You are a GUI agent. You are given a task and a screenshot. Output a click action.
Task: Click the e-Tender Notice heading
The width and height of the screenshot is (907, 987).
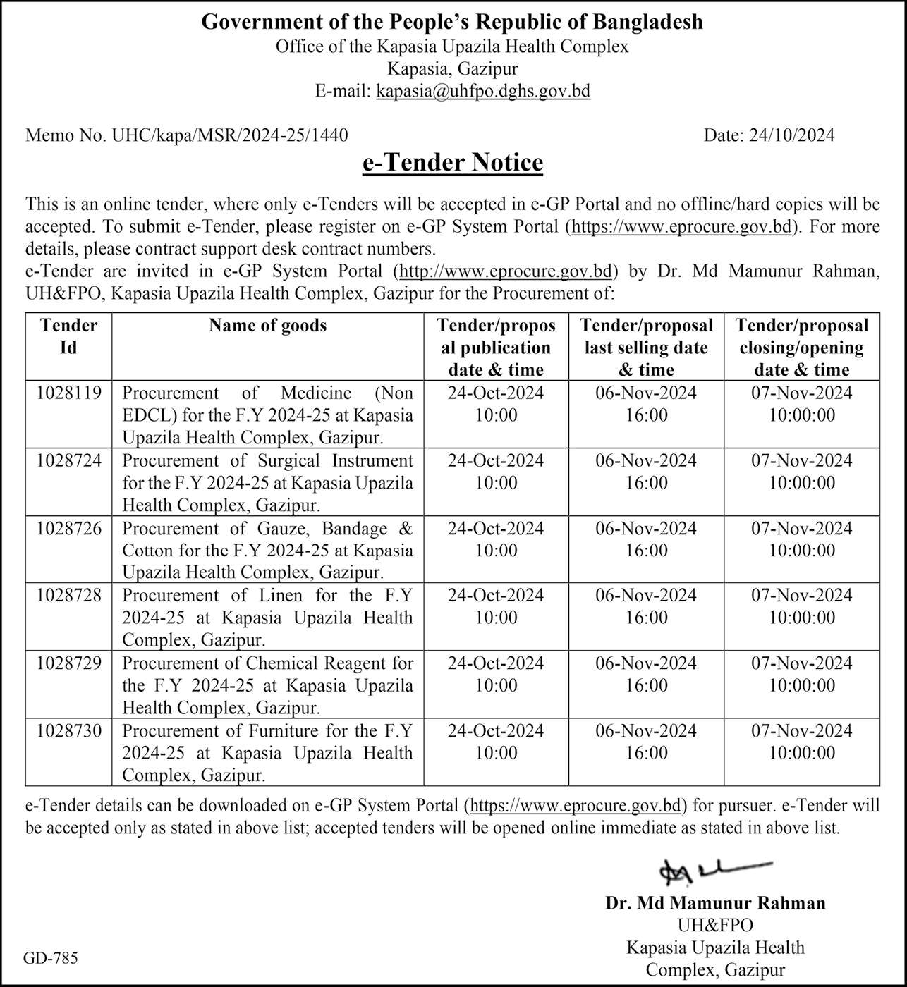pyautogui.click(x=452, y=163)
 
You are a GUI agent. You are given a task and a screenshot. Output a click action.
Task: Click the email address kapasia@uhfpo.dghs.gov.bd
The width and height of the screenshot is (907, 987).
pyautogui.click(x=483, y=91)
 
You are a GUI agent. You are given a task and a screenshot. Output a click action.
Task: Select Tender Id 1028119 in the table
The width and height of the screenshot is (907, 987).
pyautogui.click(x=69, y=393)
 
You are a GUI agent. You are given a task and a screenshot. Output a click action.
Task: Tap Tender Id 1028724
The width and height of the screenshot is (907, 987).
pyautogui.click(x=69, y=461)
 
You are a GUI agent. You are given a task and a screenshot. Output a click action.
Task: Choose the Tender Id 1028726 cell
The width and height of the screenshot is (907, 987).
pyautogui.click(x=69, y=529)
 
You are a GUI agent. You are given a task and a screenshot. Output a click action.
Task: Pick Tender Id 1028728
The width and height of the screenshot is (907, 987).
pyautogui.click(x=69, y=596)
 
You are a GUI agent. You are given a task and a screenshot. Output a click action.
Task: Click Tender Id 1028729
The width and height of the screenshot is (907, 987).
pyautogui.click(x=69, y=663)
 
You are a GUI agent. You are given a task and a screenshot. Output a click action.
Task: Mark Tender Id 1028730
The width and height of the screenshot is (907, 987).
pyautogui.click(x=69, y=731)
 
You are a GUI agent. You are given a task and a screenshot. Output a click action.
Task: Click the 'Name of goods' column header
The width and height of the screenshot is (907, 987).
pyautogui.click(x=267, y=326)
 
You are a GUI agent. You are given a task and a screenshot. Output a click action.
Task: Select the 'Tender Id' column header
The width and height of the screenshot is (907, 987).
pyautogui.click(x=68, y=336)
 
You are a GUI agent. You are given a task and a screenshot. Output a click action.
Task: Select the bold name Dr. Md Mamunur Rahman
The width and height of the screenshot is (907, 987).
pyautogui.click(x=715, y=903)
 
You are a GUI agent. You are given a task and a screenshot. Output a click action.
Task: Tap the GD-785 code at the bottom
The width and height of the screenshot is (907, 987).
pyautogui.click(x=50, y=958)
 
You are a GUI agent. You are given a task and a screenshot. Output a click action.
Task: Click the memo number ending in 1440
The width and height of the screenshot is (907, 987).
pyautogui.click(x=186, y=135)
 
